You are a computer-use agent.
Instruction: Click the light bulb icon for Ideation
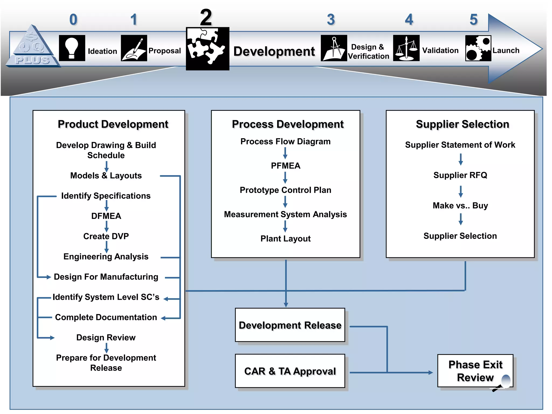(x=72, y=48)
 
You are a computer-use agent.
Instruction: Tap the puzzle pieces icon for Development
(x=208, y=49)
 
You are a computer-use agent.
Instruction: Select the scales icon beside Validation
(x=406, y=48)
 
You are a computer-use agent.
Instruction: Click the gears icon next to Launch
(x=478, y=48)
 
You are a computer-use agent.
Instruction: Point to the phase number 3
(x=331, y=20)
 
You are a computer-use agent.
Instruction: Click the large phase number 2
(x=206, y=18)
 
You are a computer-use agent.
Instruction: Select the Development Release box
(x=290, y=325)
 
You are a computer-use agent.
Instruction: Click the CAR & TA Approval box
(x=290, y=371)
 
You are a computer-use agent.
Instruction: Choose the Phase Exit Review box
(x=475, y=371)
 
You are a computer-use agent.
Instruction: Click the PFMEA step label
(x=285, y=166)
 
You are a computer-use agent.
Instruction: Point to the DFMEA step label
(x=106, y=216)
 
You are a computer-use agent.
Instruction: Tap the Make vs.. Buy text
(x=460, y=206)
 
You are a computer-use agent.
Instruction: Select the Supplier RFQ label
(x=460, y=175)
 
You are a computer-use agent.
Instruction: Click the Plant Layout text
(x=285, y=239)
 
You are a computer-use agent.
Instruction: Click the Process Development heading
(x=288, y=124)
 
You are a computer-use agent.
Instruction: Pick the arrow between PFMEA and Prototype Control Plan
(x=285, y=178)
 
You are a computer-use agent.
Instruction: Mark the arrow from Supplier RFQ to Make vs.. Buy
(x=461, y=191)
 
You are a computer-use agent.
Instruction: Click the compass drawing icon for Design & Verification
(x=334, y=48)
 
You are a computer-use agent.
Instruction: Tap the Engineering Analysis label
(x=106, y=257)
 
